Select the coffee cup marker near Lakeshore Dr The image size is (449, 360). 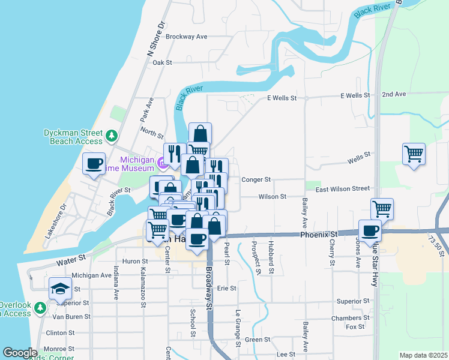click(x=94, y=164)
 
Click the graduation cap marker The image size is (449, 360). click(x=61, y=290)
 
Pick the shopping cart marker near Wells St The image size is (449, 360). click(x=414, y=154)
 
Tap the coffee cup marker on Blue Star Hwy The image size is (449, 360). click(x=370, y=230)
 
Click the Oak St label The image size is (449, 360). click(x=162, y=62)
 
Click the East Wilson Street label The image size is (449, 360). click(x=343, y=188)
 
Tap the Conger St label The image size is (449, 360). click(x=256, y=179)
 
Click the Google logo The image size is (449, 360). click(x=20, y=353)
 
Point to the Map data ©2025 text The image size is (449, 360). click(x=423, y=355)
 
